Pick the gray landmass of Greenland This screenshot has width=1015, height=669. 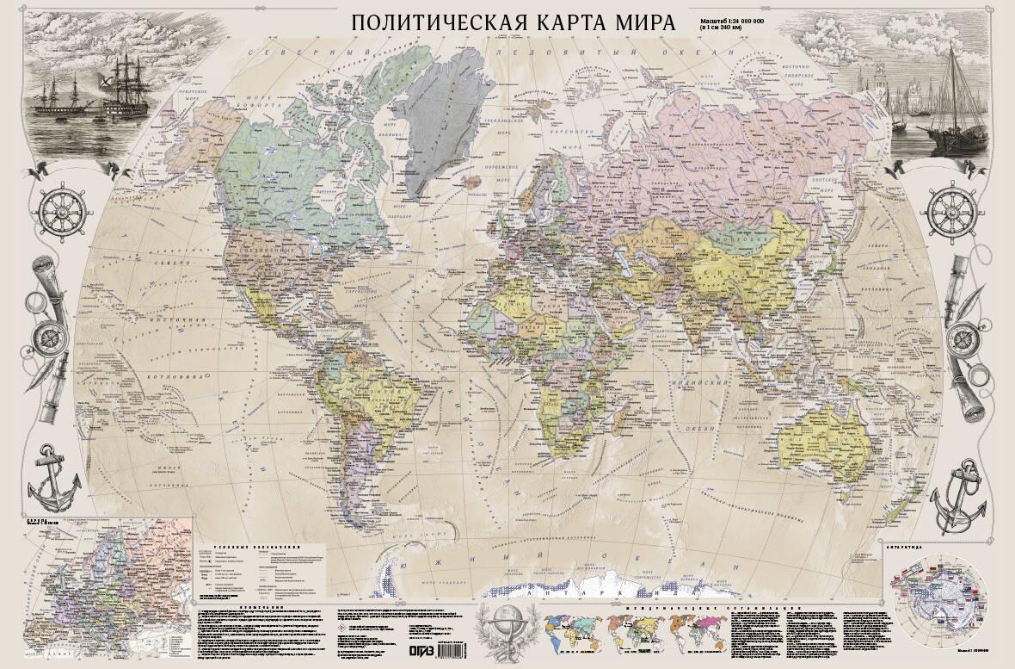pyautogui.click(x=430, y=112)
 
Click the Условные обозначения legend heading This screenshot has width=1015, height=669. pyautogui.click(x=259, y=547)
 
